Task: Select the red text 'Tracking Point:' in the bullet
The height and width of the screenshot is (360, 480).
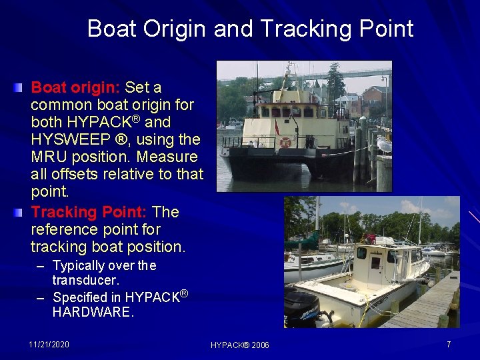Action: (x=89, y=212)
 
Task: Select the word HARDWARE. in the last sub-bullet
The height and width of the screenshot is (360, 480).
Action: (x=93, y=311)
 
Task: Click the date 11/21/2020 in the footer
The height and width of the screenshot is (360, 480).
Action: (x=49, y=345)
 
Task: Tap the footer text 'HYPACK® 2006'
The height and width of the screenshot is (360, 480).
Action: (x=240, y=345)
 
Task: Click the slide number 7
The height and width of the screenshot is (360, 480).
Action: (x=449, y=345)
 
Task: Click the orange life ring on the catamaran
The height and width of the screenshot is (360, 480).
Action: (x=285, y=142)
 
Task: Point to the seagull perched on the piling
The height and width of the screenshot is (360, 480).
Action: (x=383, y=143)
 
